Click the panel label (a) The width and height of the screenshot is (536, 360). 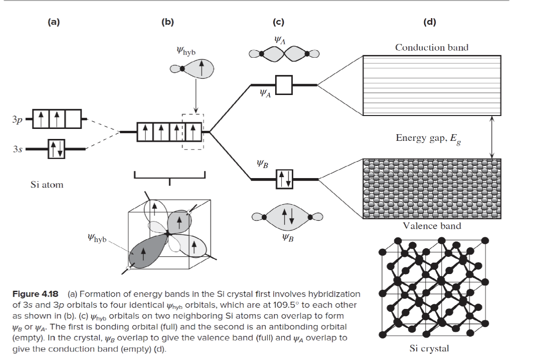pos(54,21)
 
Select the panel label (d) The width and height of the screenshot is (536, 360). pos(430,21)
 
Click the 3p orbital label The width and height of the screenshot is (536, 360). pos(17,119)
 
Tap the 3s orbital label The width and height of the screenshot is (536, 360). pos(17,149)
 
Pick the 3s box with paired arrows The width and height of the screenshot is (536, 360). pos(56,149)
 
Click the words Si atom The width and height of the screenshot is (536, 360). pos(46,184)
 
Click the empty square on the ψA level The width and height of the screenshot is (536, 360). pos(284,85)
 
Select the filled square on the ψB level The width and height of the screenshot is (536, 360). pos(284,179)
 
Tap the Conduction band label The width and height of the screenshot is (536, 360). pos(432,47)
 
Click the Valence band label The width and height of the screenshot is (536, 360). pos(432,226)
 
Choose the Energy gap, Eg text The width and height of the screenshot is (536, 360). pos(429,138)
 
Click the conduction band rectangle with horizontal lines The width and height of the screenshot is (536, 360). pos(432,86)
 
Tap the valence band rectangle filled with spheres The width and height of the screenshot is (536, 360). pos(432,189)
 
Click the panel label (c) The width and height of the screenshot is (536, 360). pos(279,21)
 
